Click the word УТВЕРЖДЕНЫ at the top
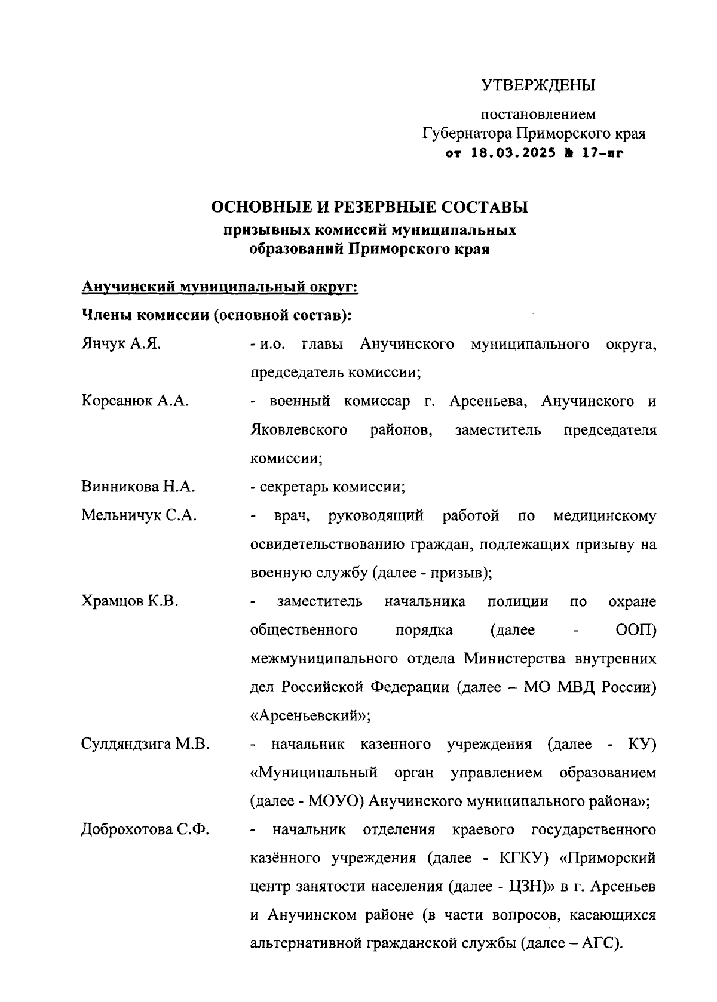[x=538, y=85]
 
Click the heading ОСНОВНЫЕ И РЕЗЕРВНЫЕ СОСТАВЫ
[x=370, y=208]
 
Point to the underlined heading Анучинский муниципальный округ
[x=219, y=287]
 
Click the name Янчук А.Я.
[x=121, y=345]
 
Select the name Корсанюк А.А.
[x=135, y=401]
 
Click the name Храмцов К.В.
[x=130, y=601]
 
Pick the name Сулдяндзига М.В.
[x=145, y=745]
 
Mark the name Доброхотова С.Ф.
[x=145, y=830]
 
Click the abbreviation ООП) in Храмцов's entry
[x=635, y=630]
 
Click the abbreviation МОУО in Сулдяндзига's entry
[x=333, y=801]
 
